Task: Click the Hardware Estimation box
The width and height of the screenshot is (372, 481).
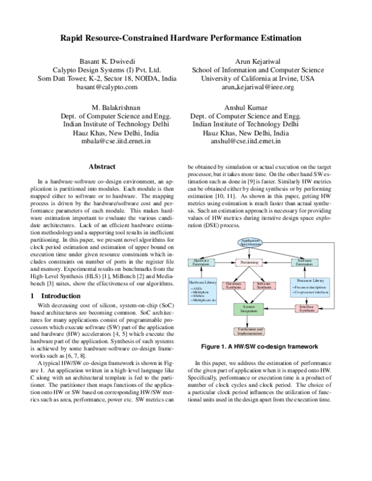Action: click(202, 262)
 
